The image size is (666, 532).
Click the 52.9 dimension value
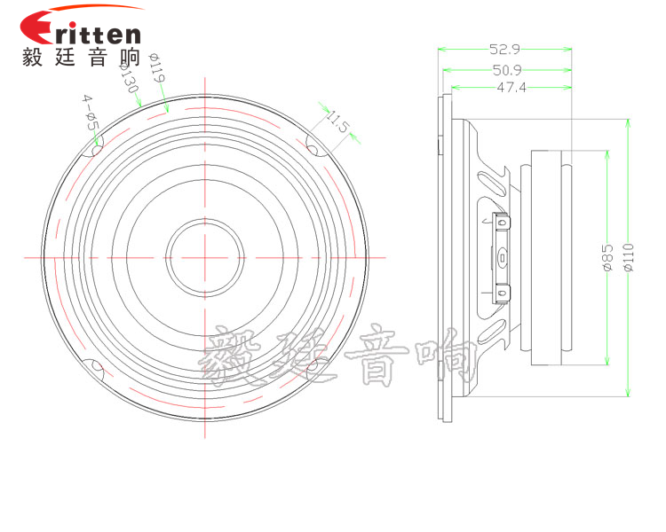[504, 50]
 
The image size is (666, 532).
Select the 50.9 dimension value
[507, 70]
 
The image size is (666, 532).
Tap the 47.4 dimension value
[511, 88]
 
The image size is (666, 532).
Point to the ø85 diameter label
[607, 257]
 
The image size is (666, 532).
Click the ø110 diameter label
[629, 257]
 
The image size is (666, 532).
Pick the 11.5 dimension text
[337, 121]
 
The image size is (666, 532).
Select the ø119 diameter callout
[156, 68]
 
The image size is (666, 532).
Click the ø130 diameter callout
[128, 77]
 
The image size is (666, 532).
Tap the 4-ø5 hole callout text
[91, 113]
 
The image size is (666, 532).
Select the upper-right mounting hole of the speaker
[313, 150]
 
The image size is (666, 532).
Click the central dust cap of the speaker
[205, 257]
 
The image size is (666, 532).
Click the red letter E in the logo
[37, 27]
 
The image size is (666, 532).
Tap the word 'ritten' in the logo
[98, 34]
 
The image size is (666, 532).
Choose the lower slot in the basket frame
[490, 332]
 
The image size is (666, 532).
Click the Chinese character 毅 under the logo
[33, 57]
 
